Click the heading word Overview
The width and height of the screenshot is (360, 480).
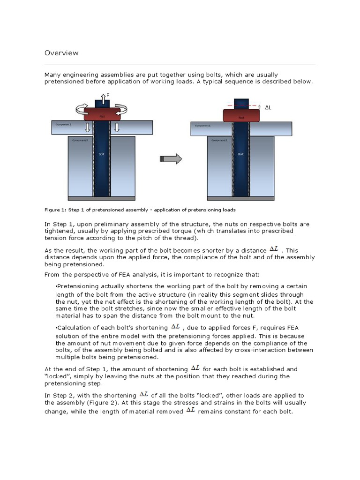click(x=61, y=53)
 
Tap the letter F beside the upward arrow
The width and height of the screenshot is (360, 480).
click(x=108, y=95)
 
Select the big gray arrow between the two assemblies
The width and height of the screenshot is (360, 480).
click(x=171, y=159)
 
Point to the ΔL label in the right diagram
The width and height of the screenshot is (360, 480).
click(x=268, y=107)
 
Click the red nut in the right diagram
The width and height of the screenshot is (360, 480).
click(x=241, y=115)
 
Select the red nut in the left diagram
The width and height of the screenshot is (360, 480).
click(x=102, y=114)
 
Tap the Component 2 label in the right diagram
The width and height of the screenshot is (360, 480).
click(x=219, y=140)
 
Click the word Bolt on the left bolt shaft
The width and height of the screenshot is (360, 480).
click(x=101, y=154)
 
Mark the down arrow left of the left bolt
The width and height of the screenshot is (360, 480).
click(x=87, y=127)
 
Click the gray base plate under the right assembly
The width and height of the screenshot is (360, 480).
click(x=240, y=198)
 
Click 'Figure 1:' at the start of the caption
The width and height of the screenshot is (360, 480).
click(x=56, y=210)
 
